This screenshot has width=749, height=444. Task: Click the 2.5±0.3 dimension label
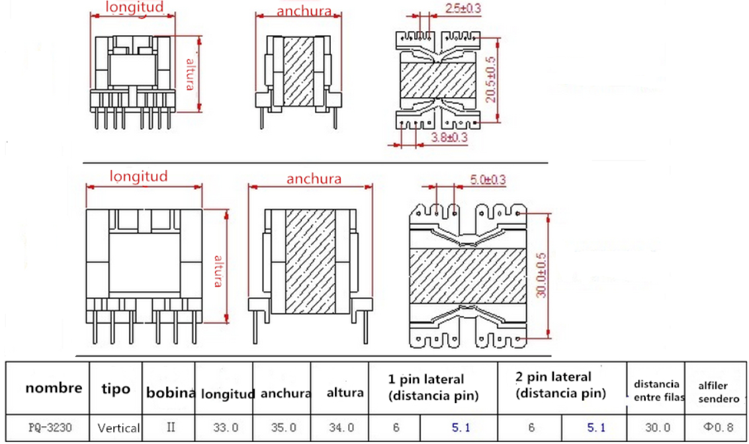click(x=463, y=9)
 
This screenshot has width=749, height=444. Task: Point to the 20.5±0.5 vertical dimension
click(x=490, y=79)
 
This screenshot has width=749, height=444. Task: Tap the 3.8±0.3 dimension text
click(x=449, y=138)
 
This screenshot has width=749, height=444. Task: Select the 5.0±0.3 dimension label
click(x=488, y=179)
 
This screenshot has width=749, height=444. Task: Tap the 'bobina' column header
click(x=171, y=392)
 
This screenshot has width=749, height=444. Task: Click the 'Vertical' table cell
click(x=118, y=428)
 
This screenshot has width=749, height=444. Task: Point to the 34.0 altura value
click(x=344, y=428)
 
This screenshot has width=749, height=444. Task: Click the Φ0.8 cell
click(x=717, y=427)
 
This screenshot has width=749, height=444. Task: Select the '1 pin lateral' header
click(x=433, y=388)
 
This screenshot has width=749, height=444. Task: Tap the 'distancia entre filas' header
click(x=656, y=391)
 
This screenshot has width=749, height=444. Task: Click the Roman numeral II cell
click(x=171, y=427)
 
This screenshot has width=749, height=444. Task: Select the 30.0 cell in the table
click(x=656, y=428)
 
